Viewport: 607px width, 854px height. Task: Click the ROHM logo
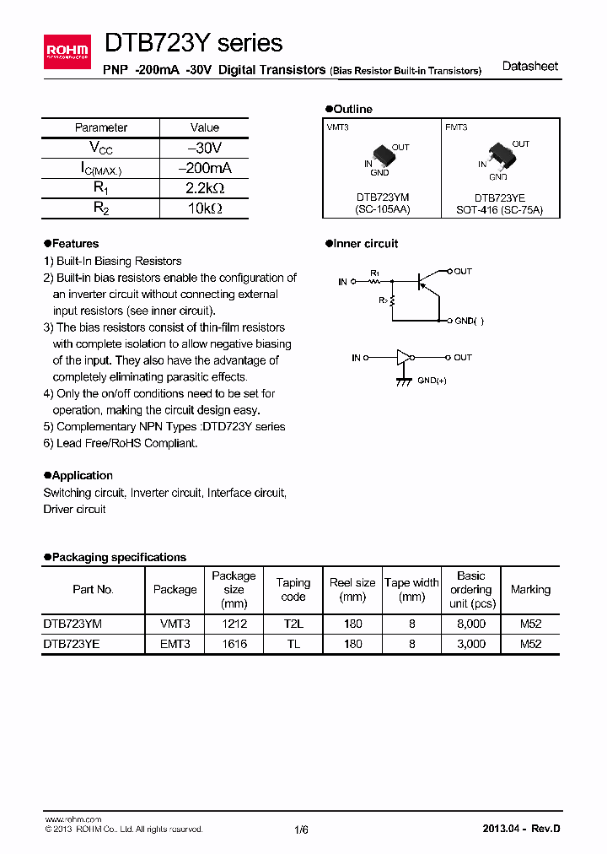coord(67,53)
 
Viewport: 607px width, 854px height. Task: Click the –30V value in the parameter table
coord(204,148)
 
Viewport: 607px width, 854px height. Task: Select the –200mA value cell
coord(204,168)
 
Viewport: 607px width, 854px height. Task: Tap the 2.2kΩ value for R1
coord(204,188)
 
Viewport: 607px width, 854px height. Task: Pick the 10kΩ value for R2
coord(204,208)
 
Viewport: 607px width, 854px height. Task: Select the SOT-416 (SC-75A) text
coord(500,209)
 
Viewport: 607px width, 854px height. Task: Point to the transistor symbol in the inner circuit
coord(427,282)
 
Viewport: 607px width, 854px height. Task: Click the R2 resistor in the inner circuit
coord(393,300)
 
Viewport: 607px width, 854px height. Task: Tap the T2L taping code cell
coord(293,624)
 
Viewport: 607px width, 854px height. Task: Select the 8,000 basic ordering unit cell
coord(470,624)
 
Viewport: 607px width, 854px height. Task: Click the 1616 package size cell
coord(234,644)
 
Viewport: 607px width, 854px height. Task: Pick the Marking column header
coord(530,590)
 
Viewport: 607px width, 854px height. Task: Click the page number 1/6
coord(302,830)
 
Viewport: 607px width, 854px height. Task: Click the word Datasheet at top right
coord(529,67)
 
